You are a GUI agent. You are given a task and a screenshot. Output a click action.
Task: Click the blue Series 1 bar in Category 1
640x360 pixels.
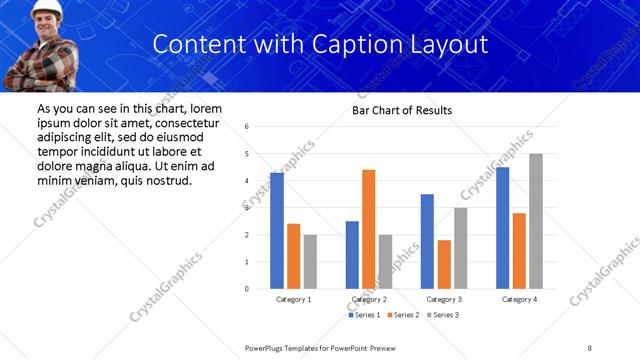(277, 231)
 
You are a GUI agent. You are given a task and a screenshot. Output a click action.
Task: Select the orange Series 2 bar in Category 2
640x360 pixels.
(368, 229)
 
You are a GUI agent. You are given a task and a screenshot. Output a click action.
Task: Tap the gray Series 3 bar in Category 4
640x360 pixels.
(536, 221)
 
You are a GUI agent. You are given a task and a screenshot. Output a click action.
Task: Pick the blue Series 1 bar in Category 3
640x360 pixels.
(427, 241)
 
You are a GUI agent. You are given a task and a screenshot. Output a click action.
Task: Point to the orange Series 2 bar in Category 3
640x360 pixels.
(444, 264)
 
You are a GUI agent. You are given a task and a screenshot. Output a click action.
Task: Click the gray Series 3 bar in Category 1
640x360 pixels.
(310, 262)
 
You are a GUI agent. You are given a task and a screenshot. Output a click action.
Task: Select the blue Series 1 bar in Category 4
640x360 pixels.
(502, 228)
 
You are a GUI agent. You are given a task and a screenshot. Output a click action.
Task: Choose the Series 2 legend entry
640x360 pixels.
(400, 315)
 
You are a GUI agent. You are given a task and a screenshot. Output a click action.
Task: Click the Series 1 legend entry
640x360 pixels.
(362, 315)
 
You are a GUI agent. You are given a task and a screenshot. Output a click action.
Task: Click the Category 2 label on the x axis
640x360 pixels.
(369, 299)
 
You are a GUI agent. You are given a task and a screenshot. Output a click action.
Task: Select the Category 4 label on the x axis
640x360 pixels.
(519, 299)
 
